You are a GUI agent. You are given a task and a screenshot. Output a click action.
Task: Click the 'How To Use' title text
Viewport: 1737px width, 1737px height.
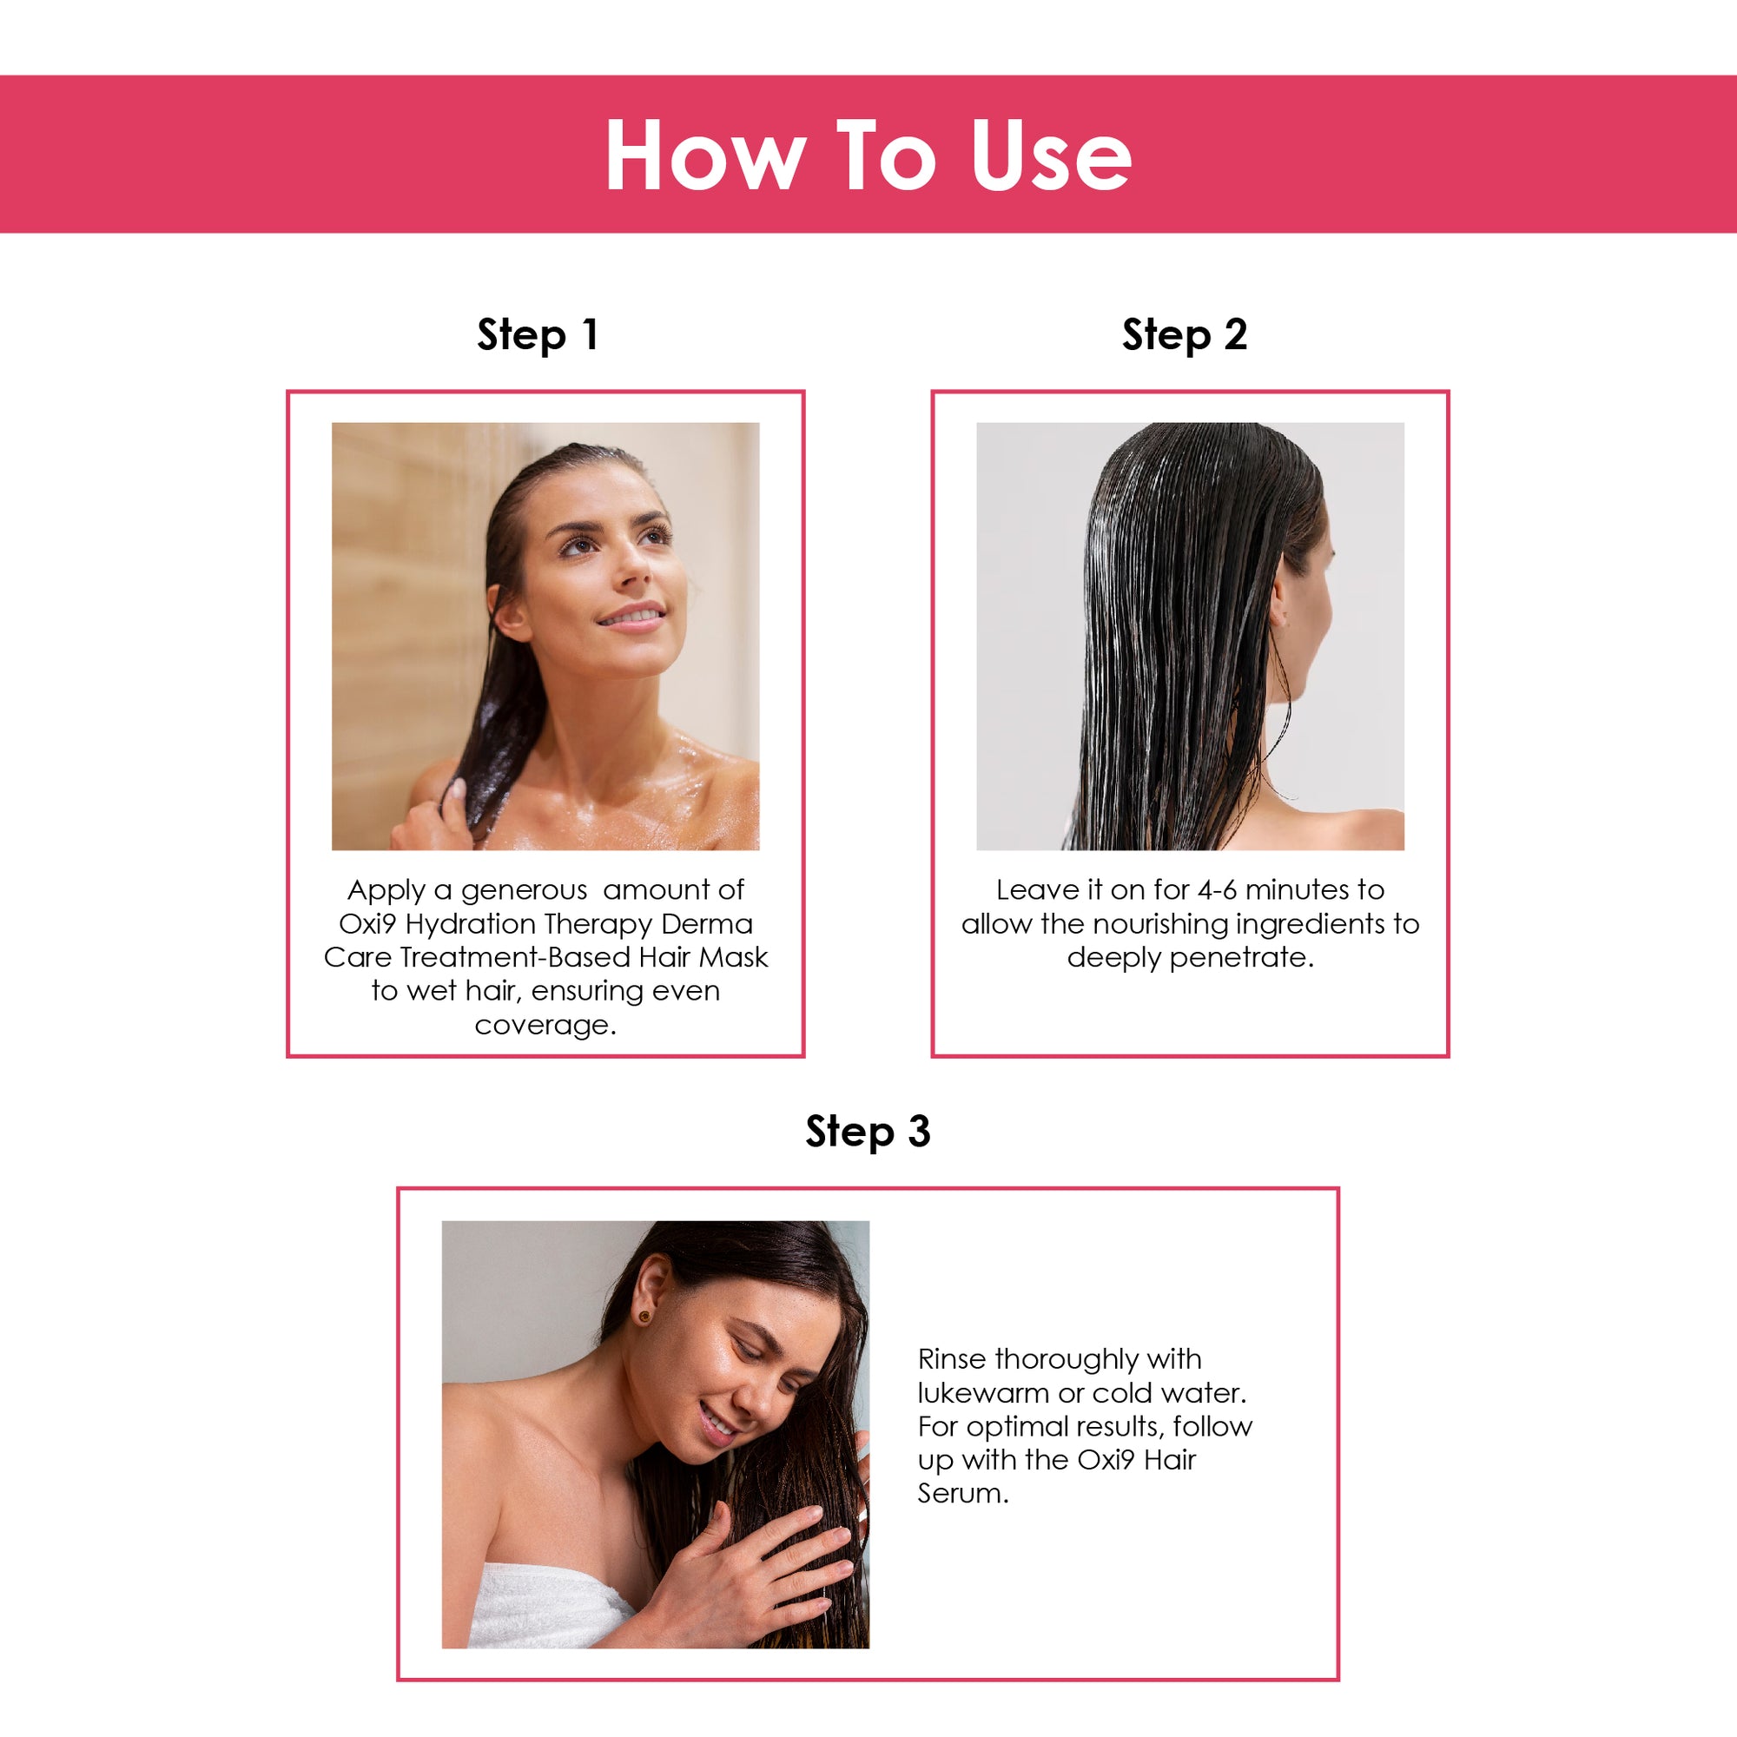coord(868,155)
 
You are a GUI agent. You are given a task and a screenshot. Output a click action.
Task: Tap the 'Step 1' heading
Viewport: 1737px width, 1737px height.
coord(538,335)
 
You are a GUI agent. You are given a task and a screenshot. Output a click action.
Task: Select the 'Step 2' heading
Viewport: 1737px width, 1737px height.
coord(1184,335)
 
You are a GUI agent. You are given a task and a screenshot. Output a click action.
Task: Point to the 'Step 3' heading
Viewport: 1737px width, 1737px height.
coord(868,1131)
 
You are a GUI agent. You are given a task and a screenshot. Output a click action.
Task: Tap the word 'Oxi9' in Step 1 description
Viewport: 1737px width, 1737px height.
coord(367,923)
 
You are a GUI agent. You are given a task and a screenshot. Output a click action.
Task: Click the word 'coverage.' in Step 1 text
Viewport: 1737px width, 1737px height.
coord(545,1025)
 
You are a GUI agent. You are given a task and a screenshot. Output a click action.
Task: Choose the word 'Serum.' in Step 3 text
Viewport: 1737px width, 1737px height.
coord(963,1493)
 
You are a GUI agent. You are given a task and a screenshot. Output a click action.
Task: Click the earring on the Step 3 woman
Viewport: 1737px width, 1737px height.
coord(644,1318)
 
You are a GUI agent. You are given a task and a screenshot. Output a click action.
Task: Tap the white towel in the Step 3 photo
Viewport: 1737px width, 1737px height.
coord(548,1608)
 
